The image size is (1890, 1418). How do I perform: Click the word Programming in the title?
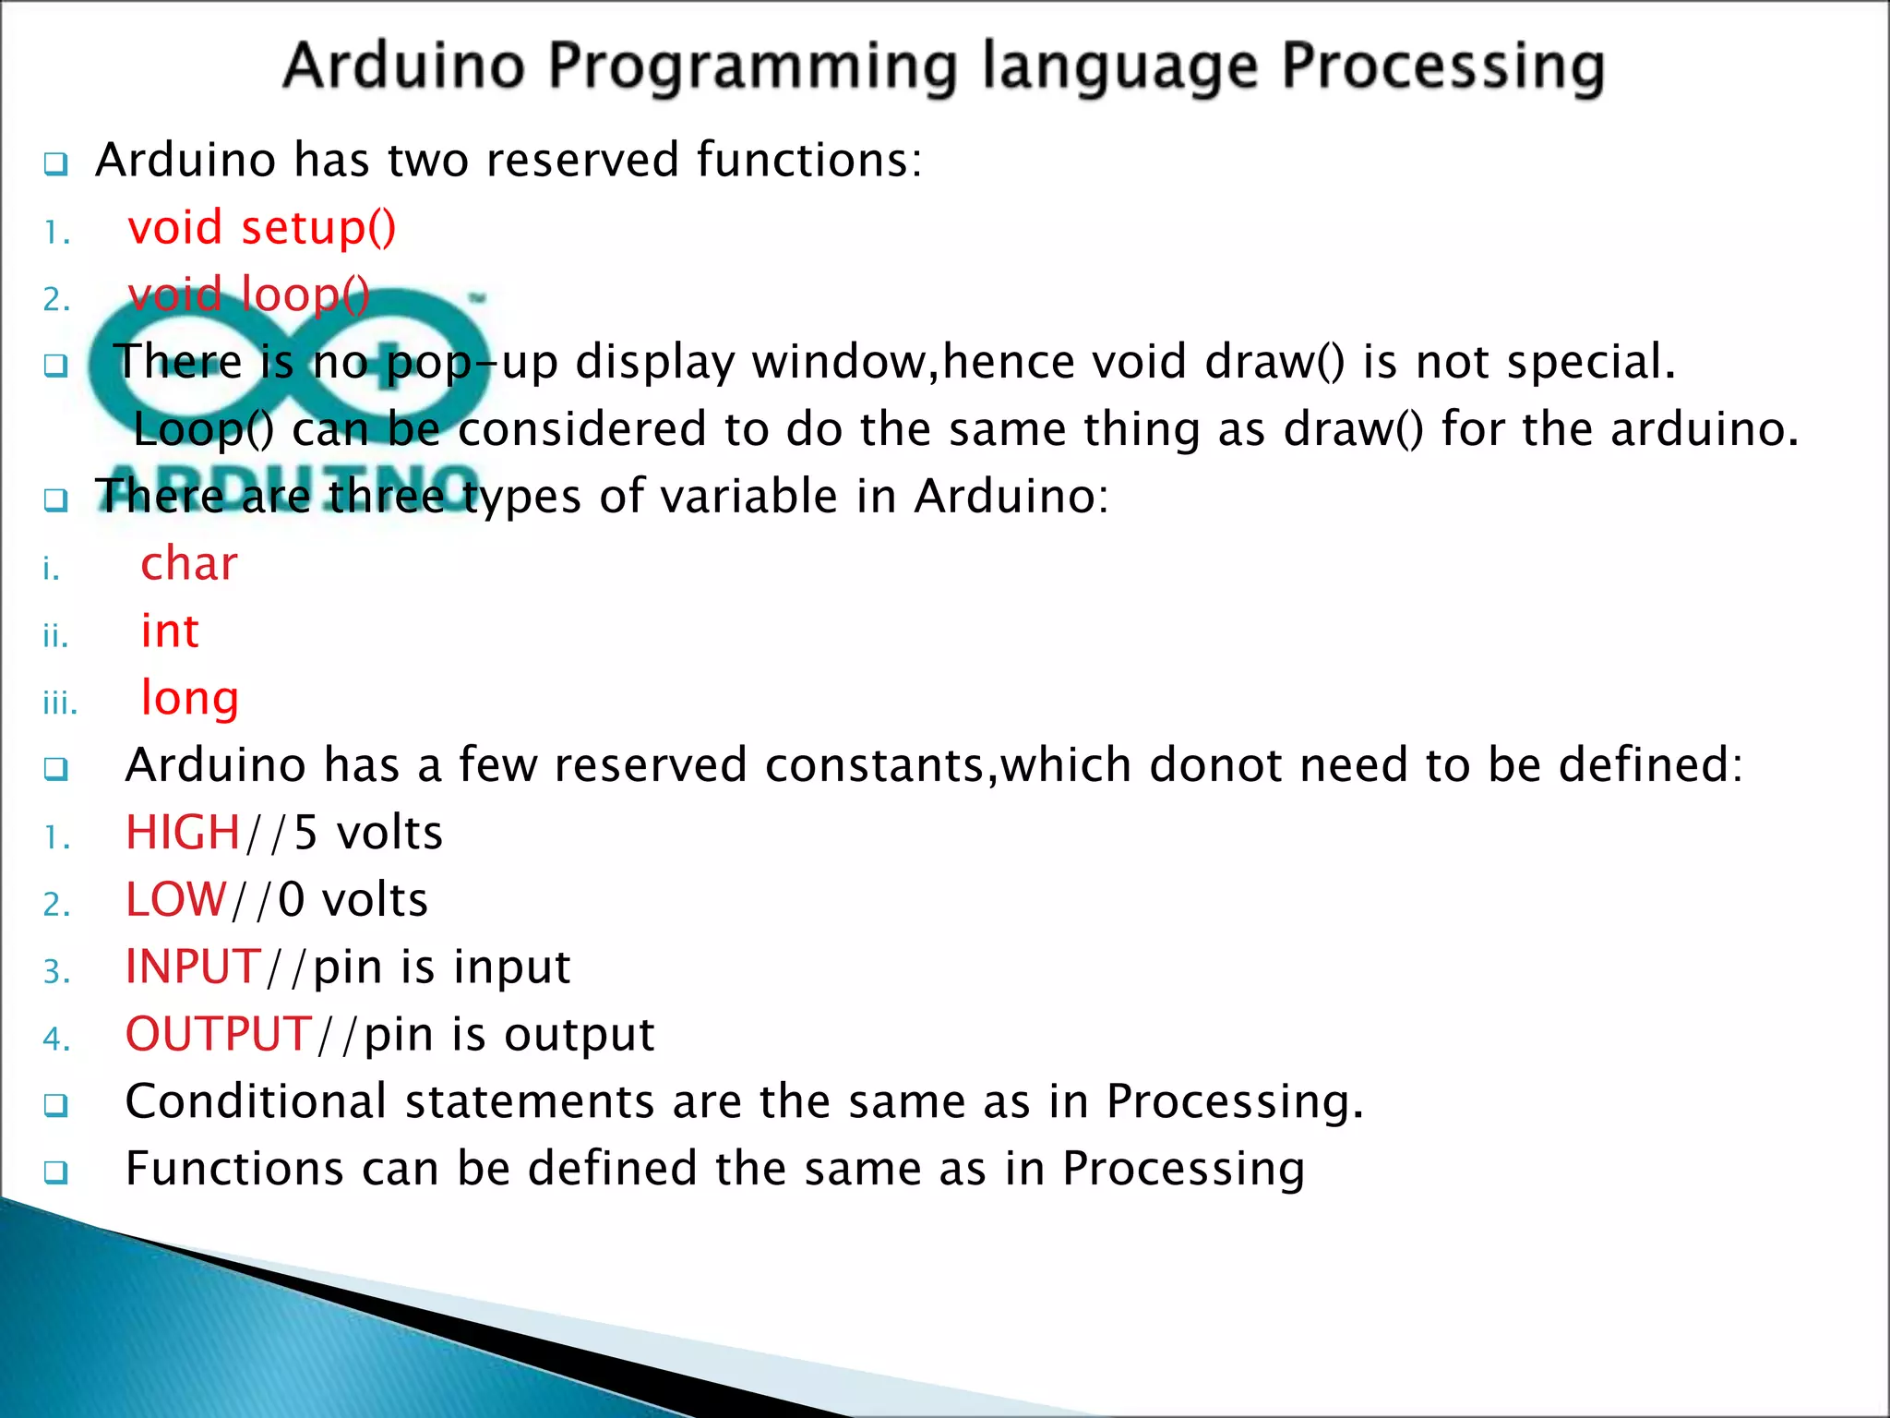[752, 66]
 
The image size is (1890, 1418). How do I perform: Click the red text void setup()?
[262, 228]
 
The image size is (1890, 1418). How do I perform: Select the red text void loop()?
[249, 295]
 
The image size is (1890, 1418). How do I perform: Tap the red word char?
[189, 563]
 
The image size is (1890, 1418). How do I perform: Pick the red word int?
[170, 631]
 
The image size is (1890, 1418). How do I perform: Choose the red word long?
[190, 699]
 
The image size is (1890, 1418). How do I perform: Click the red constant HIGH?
[183, 833]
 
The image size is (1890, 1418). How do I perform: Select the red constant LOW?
[175, 900]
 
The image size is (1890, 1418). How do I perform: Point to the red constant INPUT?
[194, 967]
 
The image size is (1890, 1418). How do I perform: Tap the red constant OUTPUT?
[219, 1034]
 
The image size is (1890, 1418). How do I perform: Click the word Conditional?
[256, 1101]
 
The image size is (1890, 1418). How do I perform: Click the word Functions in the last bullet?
[234, 1169]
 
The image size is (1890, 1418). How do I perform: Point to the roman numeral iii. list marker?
[60, 704]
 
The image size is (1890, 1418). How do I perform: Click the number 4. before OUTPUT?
[56, 1039]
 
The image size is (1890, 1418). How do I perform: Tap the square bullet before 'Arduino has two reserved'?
[56, 165]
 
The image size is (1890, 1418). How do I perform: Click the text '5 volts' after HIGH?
[368, 833]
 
